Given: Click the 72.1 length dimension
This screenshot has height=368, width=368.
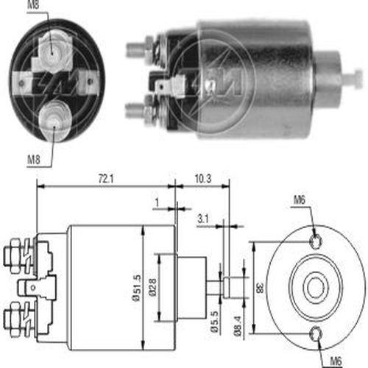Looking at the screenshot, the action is click(106, 179).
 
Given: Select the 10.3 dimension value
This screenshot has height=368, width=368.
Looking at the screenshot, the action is click(203, 179).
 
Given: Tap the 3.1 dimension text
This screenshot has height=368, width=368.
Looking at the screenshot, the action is click(203, 219).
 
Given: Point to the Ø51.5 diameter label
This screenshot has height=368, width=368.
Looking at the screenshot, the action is click(137, 288).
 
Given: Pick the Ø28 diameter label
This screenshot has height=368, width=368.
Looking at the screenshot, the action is click(152, 288).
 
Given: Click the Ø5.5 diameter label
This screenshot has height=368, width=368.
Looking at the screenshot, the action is click(214, 322).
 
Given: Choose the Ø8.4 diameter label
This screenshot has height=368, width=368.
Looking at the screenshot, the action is click(238, 326).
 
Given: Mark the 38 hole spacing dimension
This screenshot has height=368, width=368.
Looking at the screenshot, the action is click(260, 288).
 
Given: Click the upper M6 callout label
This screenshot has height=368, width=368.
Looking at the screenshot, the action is click(300, 200).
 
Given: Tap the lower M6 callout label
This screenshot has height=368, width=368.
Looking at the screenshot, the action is click(336, 361).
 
